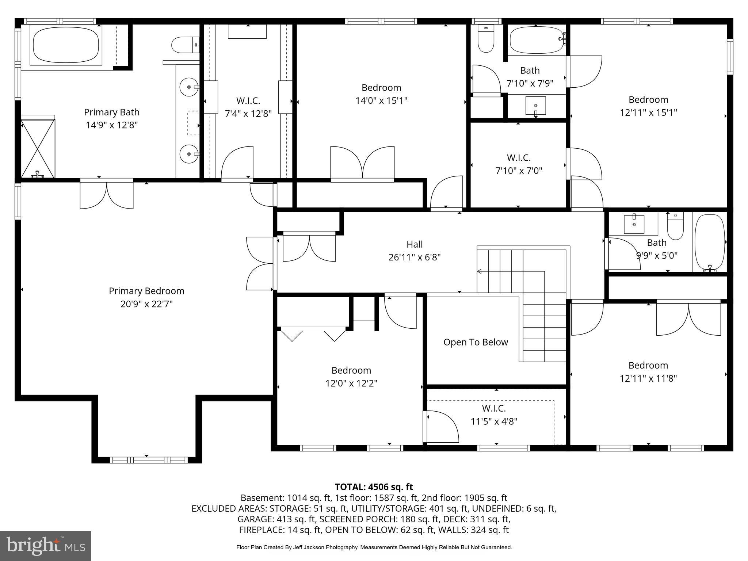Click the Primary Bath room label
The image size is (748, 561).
point(111,112)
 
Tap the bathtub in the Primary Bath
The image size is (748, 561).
point(66,46)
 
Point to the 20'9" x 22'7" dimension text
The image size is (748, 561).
point(146,304)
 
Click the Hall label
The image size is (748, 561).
point(415,244)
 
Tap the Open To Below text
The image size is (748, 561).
point(476,342)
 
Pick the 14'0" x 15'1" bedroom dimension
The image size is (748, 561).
point(381,100)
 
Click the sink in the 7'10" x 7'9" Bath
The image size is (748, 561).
point(535,106)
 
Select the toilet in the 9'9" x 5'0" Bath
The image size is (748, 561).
point(675,226)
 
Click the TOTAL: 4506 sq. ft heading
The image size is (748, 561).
point(374,487)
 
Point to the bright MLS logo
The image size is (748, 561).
point(46,546)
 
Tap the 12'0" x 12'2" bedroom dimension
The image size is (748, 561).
point(351,383)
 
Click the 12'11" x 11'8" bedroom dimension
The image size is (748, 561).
point(648,378)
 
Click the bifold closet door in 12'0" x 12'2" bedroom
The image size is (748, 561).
point(313,334)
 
